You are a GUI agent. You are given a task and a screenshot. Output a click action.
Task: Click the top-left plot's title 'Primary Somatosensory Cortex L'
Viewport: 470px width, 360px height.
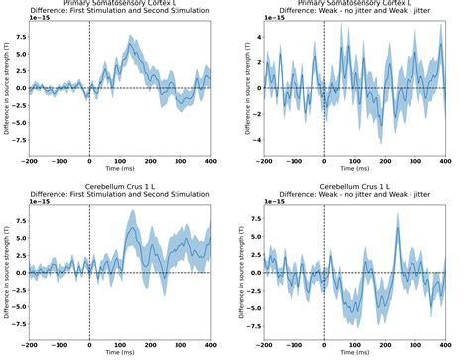[119, 3]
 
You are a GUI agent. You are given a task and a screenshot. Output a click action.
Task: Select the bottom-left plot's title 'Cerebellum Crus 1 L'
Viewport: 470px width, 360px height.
[119, 185]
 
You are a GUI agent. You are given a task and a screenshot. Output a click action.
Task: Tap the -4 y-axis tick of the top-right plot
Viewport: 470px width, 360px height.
[253, 140]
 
